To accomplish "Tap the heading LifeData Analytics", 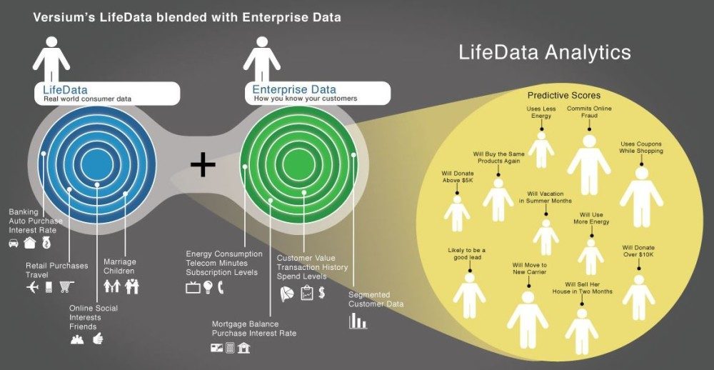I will pyautogui.click(x=544, y=52).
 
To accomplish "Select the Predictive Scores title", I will pyautogui.click(x=564, y=95).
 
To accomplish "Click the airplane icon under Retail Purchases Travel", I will pyautogui.click(x=31, y=287).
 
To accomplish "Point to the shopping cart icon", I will pyautogui.click(x=66, y=287).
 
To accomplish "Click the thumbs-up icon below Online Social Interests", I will pyautogui.click(x=98, y=339).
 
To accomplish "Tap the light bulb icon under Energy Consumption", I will pyautogui.click(x=208, y=288).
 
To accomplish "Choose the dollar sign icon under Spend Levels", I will pyautogui.click(x=322, y=292).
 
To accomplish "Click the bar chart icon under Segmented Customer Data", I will pyautogui.click(x=357, y=321).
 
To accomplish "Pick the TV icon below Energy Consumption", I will pyautogui.click(x=192, y=288).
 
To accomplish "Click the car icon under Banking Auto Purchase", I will pyautogui.click(x=14, y=243).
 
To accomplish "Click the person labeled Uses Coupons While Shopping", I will pyautogui.click(x=640, y=193).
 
